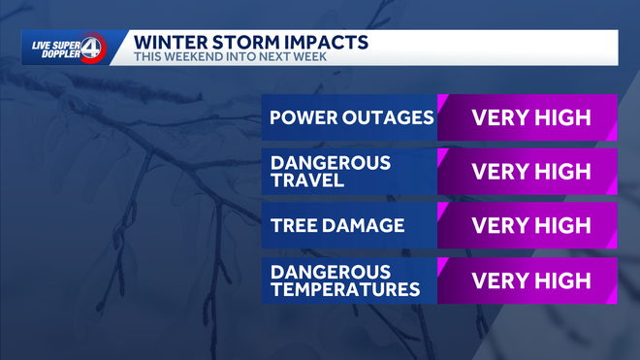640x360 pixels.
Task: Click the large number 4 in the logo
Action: point(92,48)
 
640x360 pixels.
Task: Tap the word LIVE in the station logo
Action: point(42,42)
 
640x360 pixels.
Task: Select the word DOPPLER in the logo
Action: point(54,53)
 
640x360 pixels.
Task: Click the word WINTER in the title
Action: point(171,42)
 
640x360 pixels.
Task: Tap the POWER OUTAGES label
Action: point(351,118)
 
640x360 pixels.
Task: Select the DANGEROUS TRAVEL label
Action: point(331,172)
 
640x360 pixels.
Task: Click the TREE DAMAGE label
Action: point(336,226)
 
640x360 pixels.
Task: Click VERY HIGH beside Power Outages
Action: point(530,118)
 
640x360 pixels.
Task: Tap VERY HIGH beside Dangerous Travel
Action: point(530,172)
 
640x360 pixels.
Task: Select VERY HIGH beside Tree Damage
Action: point(530,226)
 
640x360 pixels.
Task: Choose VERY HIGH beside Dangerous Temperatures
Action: point(530,280)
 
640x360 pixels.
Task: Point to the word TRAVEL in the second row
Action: point(304,180)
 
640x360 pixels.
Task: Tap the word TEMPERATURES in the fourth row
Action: point(344,289)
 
